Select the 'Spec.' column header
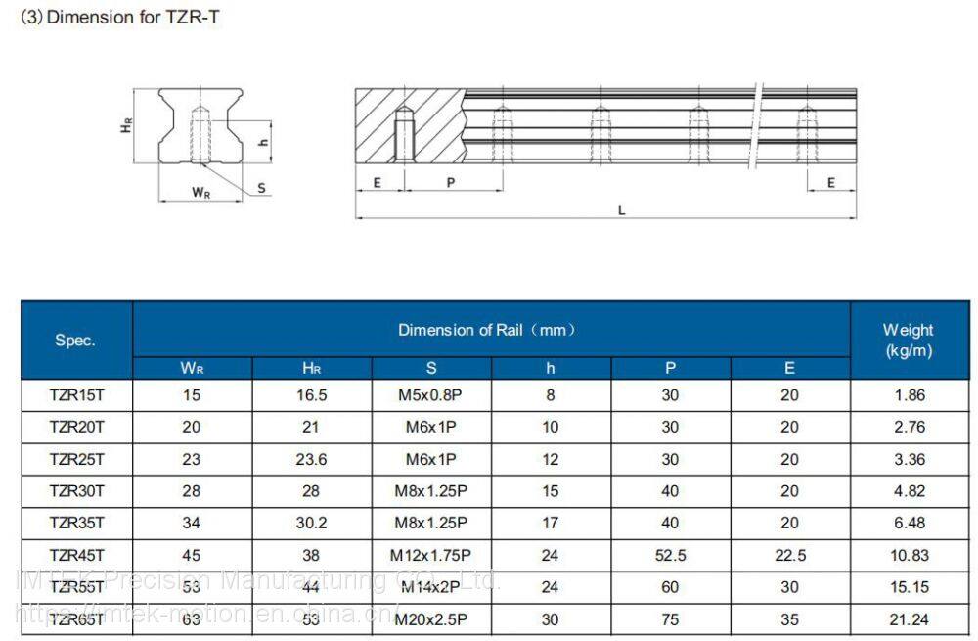click(x=75, y=341)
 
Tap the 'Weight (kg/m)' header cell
click(x=908, y=340)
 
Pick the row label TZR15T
click(x=76, y=395)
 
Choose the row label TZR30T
click(x=76, y=491)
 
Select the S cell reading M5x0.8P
click(x=430, y=395)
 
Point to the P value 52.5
click(x=670, y=555)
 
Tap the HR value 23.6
click(x=311, y=459)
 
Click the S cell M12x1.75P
click(x=430, y=555)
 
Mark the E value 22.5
click(x=789, y=555)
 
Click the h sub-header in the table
click(x=551, y=369)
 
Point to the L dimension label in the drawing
click(x=622, y=209)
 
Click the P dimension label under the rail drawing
click(x=451, y=183)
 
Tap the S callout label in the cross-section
click(x=261, y=187)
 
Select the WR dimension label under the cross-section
click(x=200, y=193)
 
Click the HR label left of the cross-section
click(x=126, y=123)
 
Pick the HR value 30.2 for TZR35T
click(x=311, y=524)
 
